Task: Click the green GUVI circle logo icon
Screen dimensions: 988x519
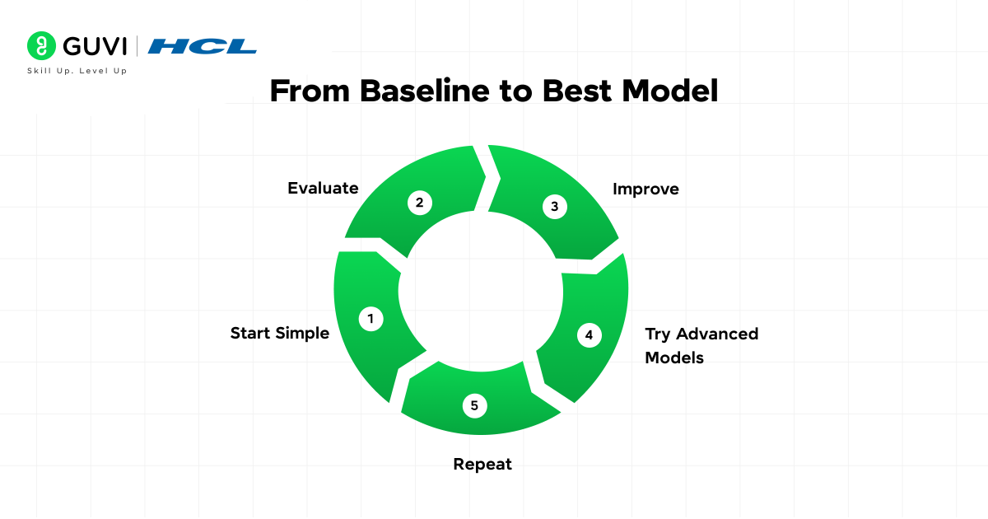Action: click(x=41, y=45)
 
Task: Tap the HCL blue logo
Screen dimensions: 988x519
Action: click(x=202, y=46)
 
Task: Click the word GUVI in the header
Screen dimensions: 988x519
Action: click(x=95, y=46)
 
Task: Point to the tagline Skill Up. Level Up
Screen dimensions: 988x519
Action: click(x=77, y=71)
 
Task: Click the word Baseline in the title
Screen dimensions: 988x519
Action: click(x=425, y=91)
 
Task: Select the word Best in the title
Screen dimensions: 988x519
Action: click(x=577, y=91)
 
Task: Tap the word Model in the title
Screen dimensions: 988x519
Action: click(x=670, y=91)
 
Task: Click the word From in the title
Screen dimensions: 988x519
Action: click(x=310, y=91)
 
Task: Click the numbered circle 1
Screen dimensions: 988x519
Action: click(x=371, y=319)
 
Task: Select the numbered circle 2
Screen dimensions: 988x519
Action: click(x=419, y=203)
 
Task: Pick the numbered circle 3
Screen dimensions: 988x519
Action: click(x=554, y=206)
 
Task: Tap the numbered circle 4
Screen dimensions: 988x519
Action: click(x=589, y=335)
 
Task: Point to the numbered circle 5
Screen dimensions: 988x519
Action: click(x=474, y=405)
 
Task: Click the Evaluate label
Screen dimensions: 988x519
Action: click(x=323, y=188)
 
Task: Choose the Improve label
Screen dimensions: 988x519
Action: click(x=645, y=189)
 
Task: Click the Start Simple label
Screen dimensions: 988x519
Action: click(x=280, y=333)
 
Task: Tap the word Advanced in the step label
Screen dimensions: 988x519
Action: click(x=717, y=334)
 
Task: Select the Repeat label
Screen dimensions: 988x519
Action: click(x=482, y=465)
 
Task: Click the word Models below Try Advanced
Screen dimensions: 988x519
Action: click(x=674, y=358)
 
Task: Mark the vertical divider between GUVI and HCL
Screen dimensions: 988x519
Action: click(x=137, y=46)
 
